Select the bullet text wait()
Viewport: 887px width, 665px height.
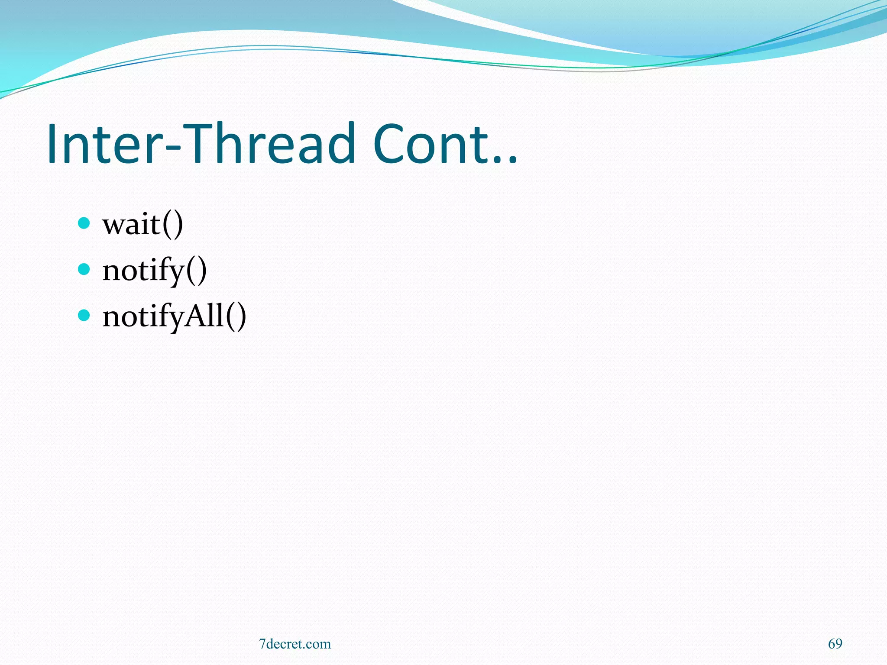point(142,225)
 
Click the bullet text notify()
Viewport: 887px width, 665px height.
point(154,271)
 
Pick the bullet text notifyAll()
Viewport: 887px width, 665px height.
point(174,316)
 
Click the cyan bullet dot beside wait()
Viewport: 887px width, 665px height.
point(84,223)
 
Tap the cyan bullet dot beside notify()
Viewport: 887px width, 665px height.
point(84,269)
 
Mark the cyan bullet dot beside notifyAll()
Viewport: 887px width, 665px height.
point(84,315)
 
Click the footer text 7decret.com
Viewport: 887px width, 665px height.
point(295,644)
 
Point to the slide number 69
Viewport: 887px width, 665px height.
point(835,644)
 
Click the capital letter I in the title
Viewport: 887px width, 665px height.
point(53,144)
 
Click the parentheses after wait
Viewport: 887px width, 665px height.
point(172,225)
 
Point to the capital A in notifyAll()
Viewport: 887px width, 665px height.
point(197,315)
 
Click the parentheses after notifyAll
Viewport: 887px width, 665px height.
point(236,316)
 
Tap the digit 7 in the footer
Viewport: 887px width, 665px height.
point(262,644)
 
